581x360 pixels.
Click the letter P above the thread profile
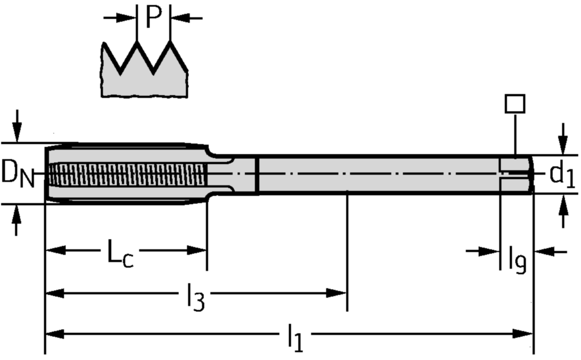pos(153,18)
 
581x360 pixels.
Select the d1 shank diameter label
pos(562,176)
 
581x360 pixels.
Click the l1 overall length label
pos(295,339)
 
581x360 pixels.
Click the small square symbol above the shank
pos(515,104)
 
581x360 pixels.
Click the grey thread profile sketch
pos(145,77)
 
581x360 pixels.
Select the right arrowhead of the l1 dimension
pos(524,333)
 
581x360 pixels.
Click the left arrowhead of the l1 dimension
pos(54,333)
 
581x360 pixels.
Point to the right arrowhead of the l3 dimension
pos(337,293)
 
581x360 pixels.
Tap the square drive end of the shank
pos(516,173)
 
